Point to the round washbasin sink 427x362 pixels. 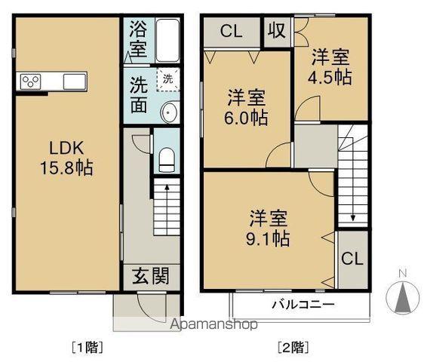tap(169, 112)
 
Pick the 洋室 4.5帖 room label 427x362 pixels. tap(331, 66)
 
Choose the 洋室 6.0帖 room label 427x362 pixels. tap(247, 107)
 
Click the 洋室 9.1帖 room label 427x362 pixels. tap(270, 229)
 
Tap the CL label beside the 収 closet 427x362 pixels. tap(232, 32)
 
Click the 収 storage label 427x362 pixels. tap(277, 32)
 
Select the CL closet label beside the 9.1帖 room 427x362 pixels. tap(352, 259)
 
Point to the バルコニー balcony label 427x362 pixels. tap(303, 305)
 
